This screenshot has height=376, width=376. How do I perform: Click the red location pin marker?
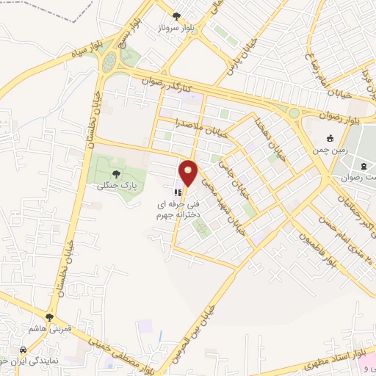(189, 173)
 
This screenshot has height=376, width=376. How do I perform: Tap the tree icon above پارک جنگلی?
(115, 174)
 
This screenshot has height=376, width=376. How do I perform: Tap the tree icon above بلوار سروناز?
(176, 15)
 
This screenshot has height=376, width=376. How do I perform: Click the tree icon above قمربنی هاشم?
(49, 317)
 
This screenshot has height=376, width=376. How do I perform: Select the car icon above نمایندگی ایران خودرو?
(24, 349)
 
